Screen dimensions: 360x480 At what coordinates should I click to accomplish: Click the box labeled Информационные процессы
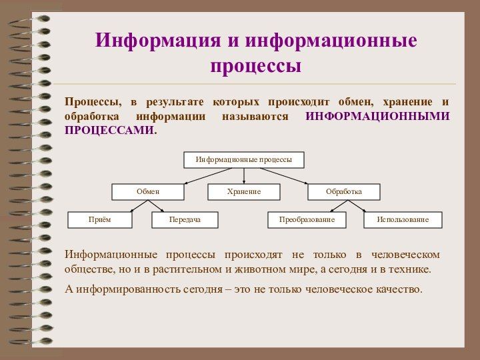point(243,160)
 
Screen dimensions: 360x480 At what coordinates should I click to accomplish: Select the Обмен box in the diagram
point(147,192)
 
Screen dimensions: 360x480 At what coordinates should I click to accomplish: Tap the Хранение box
point(243,192)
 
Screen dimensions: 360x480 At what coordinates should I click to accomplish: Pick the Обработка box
point(343,192)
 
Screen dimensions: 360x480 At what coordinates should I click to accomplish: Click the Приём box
point(100,219)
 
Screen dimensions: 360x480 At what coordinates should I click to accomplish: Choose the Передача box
point(185,219)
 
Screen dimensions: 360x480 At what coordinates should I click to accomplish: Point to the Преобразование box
point(307,219)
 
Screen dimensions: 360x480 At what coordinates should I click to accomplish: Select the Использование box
point(403,219)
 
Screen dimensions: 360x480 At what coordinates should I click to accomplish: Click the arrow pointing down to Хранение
point(244,176)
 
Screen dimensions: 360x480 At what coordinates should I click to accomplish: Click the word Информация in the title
point(157,41)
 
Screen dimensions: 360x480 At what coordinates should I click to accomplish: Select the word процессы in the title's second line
point(256,67)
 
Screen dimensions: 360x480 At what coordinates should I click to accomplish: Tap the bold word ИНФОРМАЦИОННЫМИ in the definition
point(377,117)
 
